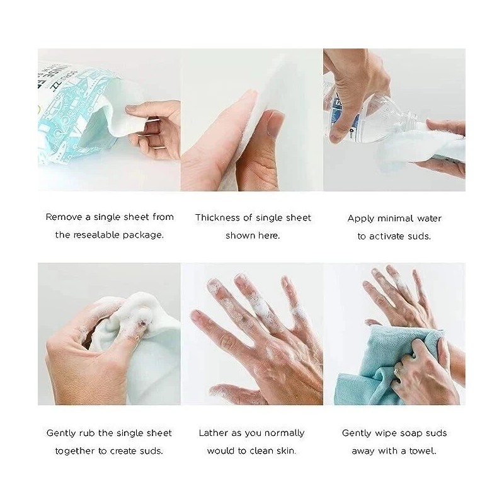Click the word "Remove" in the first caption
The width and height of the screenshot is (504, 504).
click(x=63, y=217)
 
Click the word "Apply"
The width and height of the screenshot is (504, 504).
click(x=361, y=219)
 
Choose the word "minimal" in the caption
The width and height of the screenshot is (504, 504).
click(x=398, y=219)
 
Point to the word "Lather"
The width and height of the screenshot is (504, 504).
click(x=214, y=433)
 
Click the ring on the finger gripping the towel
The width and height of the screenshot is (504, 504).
click(x=397, y=372)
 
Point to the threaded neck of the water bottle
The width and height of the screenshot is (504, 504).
click(x=413, y=120)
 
